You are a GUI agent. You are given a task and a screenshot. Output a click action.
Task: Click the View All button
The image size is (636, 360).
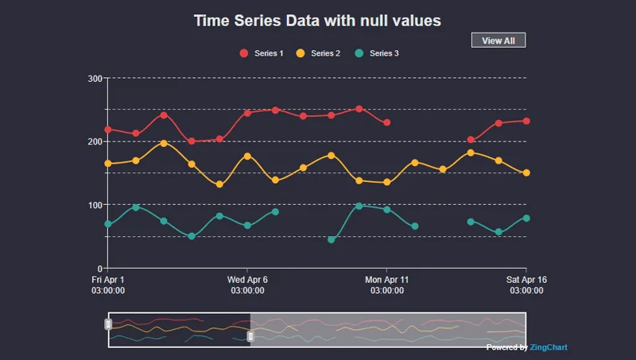(498, 41)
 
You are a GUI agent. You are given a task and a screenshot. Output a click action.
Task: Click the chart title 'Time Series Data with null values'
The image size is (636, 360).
(317, 21)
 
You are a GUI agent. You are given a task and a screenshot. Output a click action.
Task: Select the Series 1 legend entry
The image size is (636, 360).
(262, 53)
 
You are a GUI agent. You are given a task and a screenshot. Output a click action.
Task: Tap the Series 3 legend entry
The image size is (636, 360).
(377, 53)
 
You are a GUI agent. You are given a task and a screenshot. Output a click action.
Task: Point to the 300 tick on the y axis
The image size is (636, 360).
(95, 78)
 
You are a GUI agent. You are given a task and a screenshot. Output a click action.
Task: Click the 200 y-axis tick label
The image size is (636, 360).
(95, 141)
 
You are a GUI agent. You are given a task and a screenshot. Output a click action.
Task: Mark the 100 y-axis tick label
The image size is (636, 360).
(95, 205)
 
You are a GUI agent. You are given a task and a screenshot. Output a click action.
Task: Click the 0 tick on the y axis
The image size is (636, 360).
(99, 269)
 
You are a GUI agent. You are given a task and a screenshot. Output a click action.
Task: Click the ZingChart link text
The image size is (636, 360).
(549, 347)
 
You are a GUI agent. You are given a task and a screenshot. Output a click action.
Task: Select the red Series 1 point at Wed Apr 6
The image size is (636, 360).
(247, 113)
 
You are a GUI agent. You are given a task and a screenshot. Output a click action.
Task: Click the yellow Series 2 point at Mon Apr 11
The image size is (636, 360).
(387, 182)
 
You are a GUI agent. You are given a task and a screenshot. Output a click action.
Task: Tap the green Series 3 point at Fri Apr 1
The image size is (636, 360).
(108, 224)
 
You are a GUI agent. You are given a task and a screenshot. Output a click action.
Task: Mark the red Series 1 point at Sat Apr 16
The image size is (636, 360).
(526, 121)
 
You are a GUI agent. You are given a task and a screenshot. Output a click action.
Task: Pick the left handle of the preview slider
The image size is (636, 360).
(109, 323)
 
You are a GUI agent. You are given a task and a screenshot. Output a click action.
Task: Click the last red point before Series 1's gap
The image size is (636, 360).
(387, 122)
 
